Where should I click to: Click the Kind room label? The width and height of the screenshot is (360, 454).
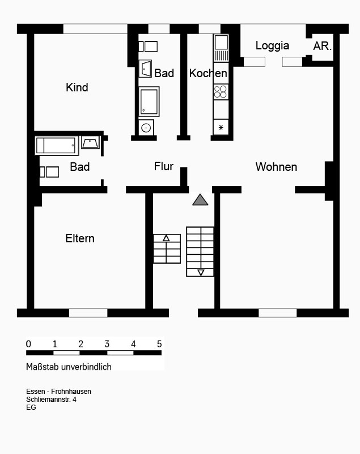click(77, 87)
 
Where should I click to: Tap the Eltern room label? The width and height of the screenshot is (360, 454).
click(80, 238)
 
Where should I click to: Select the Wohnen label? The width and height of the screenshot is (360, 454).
click(276, 167)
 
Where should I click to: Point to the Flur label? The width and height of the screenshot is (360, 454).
click(164, 166)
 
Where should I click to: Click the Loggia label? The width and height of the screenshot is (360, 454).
click(272, 46)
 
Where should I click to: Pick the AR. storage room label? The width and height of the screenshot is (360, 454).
click(322, 46)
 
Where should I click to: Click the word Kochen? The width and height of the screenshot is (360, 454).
click(208, 73)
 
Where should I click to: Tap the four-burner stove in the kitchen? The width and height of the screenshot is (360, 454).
click(221, 92)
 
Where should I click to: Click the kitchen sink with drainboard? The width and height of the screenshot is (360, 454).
click(221, 48)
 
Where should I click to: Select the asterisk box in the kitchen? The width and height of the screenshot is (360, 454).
click(221, 127)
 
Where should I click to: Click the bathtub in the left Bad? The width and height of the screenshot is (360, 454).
click(57, 146)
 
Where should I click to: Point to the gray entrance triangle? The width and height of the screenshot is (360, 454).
click(200, 200)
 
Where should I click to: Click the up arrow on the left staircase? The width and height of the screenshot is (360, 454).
click(166, 238)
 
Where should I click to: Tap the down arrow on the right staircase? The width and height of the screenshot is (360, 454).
click(201, 272)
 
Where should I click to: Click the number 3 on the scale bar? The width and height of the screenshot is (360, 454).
click(107, 344)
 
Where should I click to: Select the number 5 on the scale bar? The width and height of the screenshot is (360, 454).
click(159, 344)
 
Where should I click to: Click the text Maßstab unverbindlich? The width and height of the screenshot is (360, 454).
click(69, 367)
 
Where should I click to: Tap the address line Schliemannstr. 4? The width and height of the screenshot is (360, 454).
click(51, 400)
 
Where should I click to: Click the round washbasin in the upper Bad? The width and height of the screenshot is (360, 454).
click(146, 127)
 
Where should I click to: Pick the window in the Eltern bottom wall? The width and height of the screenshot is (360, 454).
click(88, 313)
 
